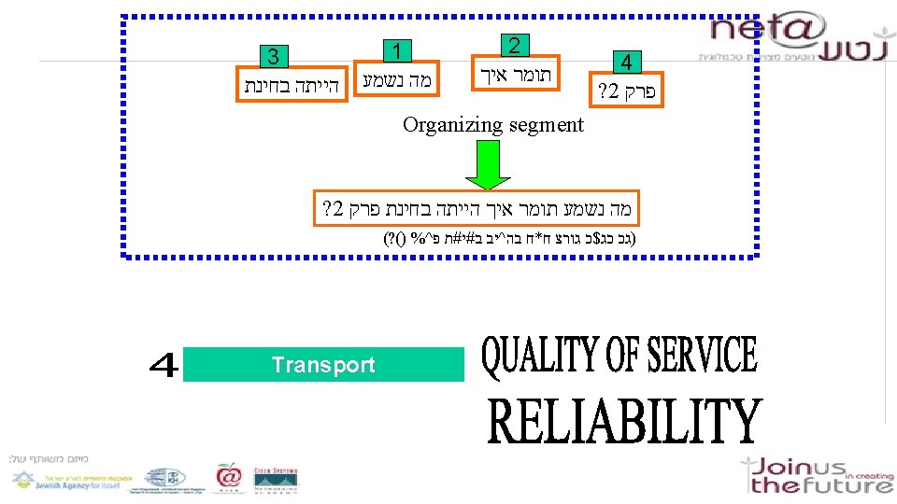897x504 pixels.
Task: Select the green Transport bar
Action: pyautogui.click(x=323, y=365)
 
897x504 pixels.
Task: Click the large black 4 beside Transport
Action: pyautogui.click(x=164, y=365)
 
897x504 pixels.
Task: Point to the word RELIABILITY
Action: pyautogui.click(x=625, y=423)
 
